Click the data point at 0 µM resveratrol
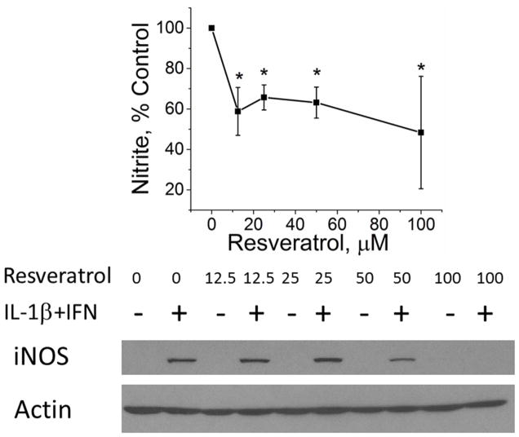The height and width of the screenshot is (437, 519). [212, 28]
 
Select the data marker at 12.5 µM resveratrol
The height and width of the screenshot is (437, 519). [237, 111]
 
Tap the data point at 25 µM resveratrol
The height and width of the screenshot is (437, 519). [264, 97]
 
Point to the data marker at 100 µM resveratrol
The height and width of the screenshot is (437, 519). [421, 132]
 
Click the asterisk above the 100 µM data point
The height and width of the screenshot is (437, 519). [421, 68]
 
